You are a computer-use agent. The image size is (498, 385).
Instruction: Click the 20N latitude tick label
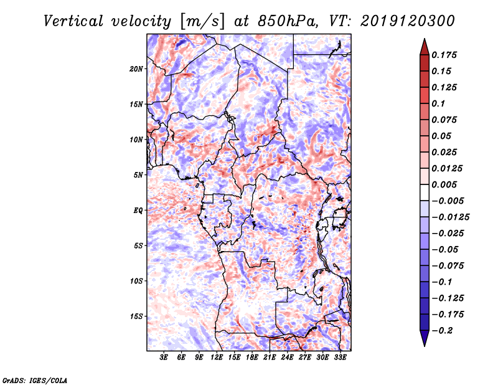136,69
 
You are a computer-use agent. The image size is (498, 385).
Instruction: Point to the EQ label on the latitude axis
138,211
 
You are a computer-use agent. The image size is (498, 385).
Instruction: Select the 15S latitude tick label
136,316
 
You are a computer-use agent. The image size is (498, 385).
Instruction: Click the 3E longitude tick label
164,358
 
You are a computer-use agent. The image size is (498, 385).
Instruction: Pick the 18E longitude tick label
252,358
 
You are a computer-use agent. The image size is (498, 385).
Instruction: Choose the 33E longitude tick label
340,358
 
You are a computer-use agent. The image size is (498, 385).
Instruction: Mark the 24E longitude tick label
288,358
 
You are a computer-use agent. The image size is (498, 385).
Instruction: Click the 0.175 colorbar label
445,55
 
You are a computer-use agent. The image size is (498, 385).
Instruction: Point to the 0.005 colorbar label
445,185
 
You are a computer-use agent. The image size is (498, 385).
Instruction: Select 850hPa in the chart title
280,21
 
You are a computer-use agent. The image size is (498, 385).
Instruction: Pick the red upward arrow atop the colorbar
424,46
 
